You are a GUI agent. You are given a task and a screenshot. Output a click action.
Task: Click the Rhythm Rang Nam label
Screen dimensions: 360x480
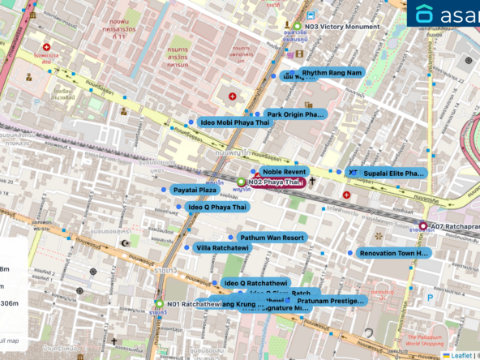pyautogui.click(x=331, y=73)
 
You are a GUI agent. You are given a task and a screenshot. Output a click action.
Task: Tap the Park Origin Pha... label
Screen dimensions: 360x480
pyautogui.click(x=295, y=114)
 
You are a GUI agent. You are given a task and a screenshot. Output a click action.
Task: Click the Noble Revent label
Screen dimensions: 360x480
pyautogui.click(x=283, y=172)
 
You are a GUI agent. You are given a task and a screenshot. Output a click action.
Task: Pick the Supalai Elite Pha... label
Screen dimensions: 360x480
pyautogui.click(x=393, y=174)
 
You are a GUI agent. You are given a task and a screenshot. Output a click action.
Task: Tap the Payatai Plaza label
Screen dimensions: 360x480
pyautogui.click(x=195, y=190)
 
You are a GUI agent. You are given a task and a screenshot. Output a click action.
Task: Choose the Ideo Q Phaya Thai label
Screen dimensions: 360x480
pyautogui.click(x=216, y=208)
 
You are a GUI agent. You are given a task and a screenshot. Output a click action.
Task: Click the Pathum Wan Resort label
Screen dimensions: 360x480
pyautogui.click(x=272, y=238)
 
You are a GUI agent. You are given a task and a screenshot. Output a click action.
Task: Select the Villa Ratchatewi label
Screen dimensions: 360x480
pyautogui.click(x=221, y=247)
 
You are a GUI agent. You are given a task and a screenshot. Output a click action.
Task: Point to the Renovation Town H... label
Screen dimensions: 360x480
pyautogui.click(x=394, y=253)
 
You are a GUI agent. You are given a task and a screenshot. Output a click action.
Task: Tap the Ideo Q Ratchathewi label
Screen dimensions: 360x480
pyautogui.click(x=255, y=283)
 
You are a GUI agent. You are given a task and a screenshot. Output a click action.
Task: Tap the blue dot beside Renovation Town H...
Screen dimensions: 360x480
pyautogui.click(x=350, y=253)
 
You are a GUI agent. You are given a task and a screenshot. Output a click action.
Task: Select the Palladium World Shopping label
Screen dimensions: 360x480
pyautogui.click(x=432, y=341)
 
